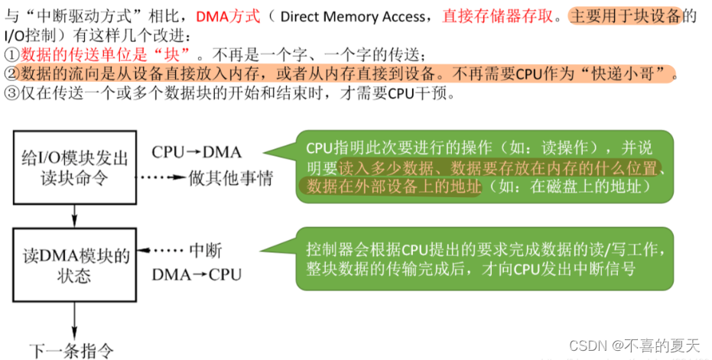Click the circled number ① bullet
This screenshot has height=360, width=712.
(11, 55)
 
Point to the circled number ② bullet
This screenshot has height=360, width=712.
(11, 75)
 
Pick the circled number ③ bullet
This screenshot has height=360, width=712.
(11, 95)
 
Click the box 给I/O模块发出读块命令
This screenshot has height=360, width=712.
(73, 167)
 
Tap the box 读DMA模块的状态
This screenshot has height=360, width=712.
(73, 264)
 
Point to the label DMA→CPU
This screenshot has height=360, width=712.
(196, 274)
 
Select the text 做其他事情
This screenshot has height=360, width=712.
(231, 178)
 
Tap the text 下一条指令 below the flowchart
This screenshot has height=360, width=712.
(72, 351)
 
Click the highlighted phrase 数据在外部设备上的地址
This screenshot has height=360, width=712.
(390, 186)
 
